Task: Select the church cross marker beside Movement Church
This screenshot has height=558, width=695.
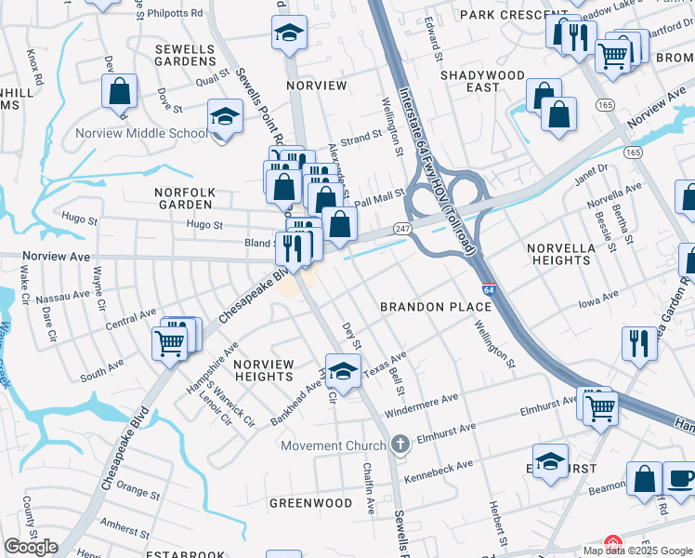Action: (x=400, y=445)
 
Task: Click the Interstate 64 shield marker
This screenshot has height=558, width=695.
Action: (x=489, y=290)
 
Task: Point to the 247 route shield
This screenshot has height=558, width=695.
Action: (x=402, y=228)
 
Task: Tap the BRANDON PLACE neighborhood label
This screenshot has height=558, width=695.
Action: (x=435, y=307)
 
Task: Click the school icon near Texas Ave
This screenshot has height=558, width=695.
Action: (x=343, y=371)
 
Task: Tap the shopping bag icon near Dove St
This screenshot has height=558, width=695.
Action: (x=119, y=92)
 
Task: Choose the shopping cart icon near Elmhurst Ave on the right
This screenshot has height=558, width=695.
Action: (x=601, y=406)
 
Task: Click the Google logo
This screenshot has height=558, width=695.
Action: (x=31, y=547)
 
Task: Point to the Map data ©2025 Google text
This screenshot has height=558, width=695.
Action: (x=636, y=551)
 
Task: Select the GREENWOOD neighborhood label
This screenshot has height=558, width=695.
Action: (x=310, y=503)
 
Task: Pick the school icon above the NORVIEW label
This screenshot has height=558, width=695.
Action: (x=290, y=33)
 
